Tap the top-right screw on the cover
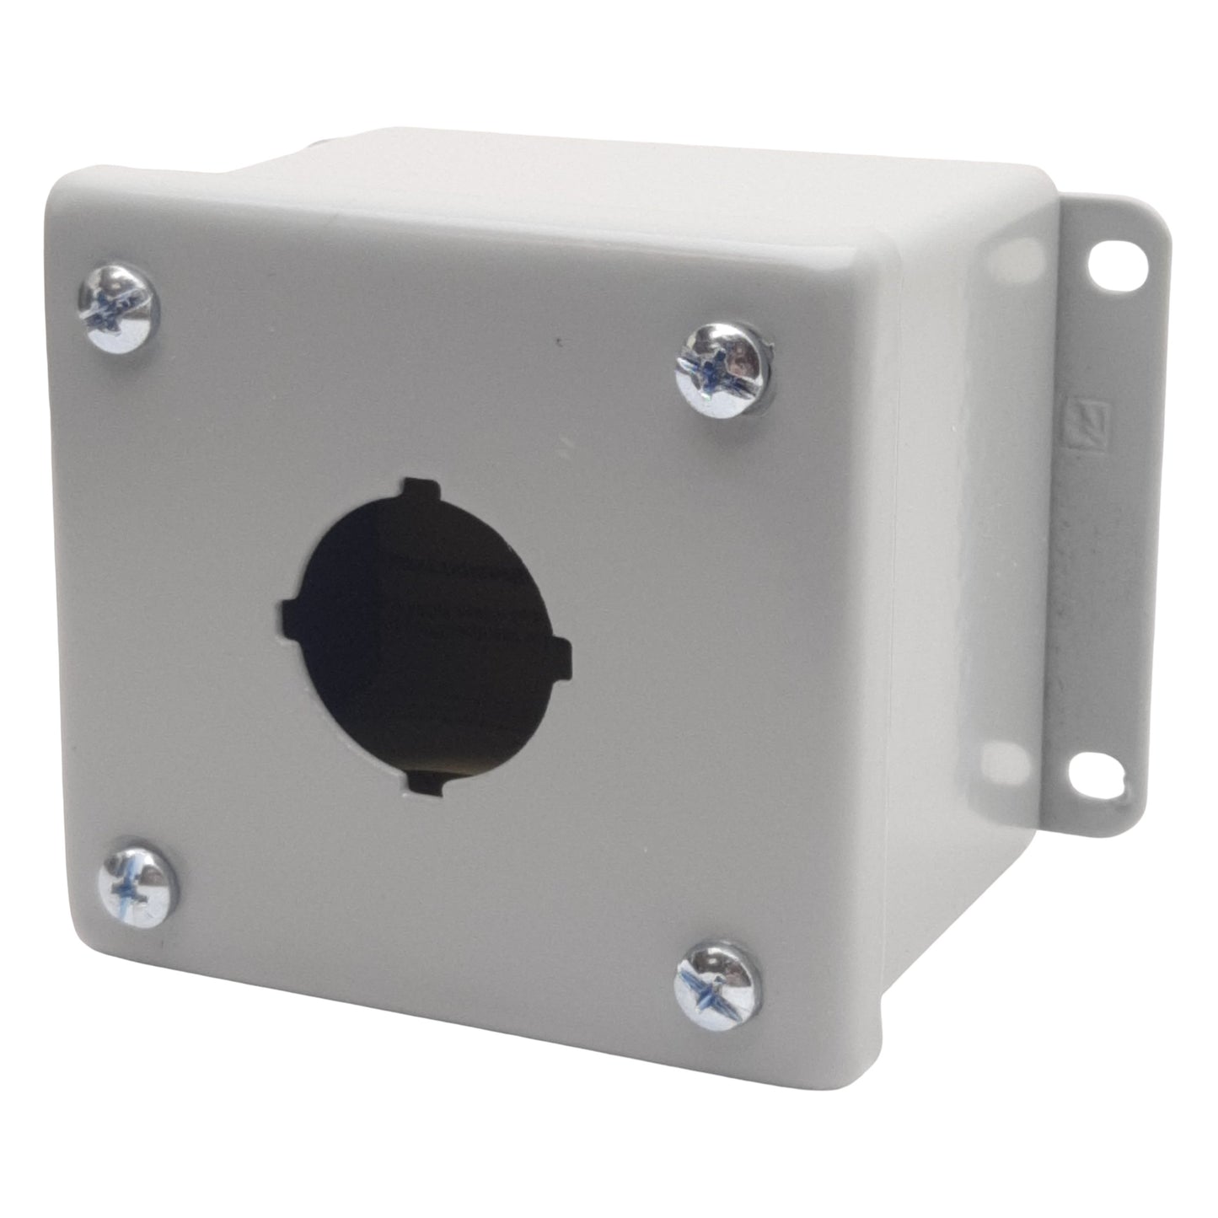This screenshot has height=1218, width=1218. [x=723, y=368]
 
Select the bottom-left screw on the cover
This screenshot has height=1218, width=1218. [x=137, y=883]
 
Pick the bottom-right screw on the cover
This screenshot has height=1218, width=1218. [x=717, y=985]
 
